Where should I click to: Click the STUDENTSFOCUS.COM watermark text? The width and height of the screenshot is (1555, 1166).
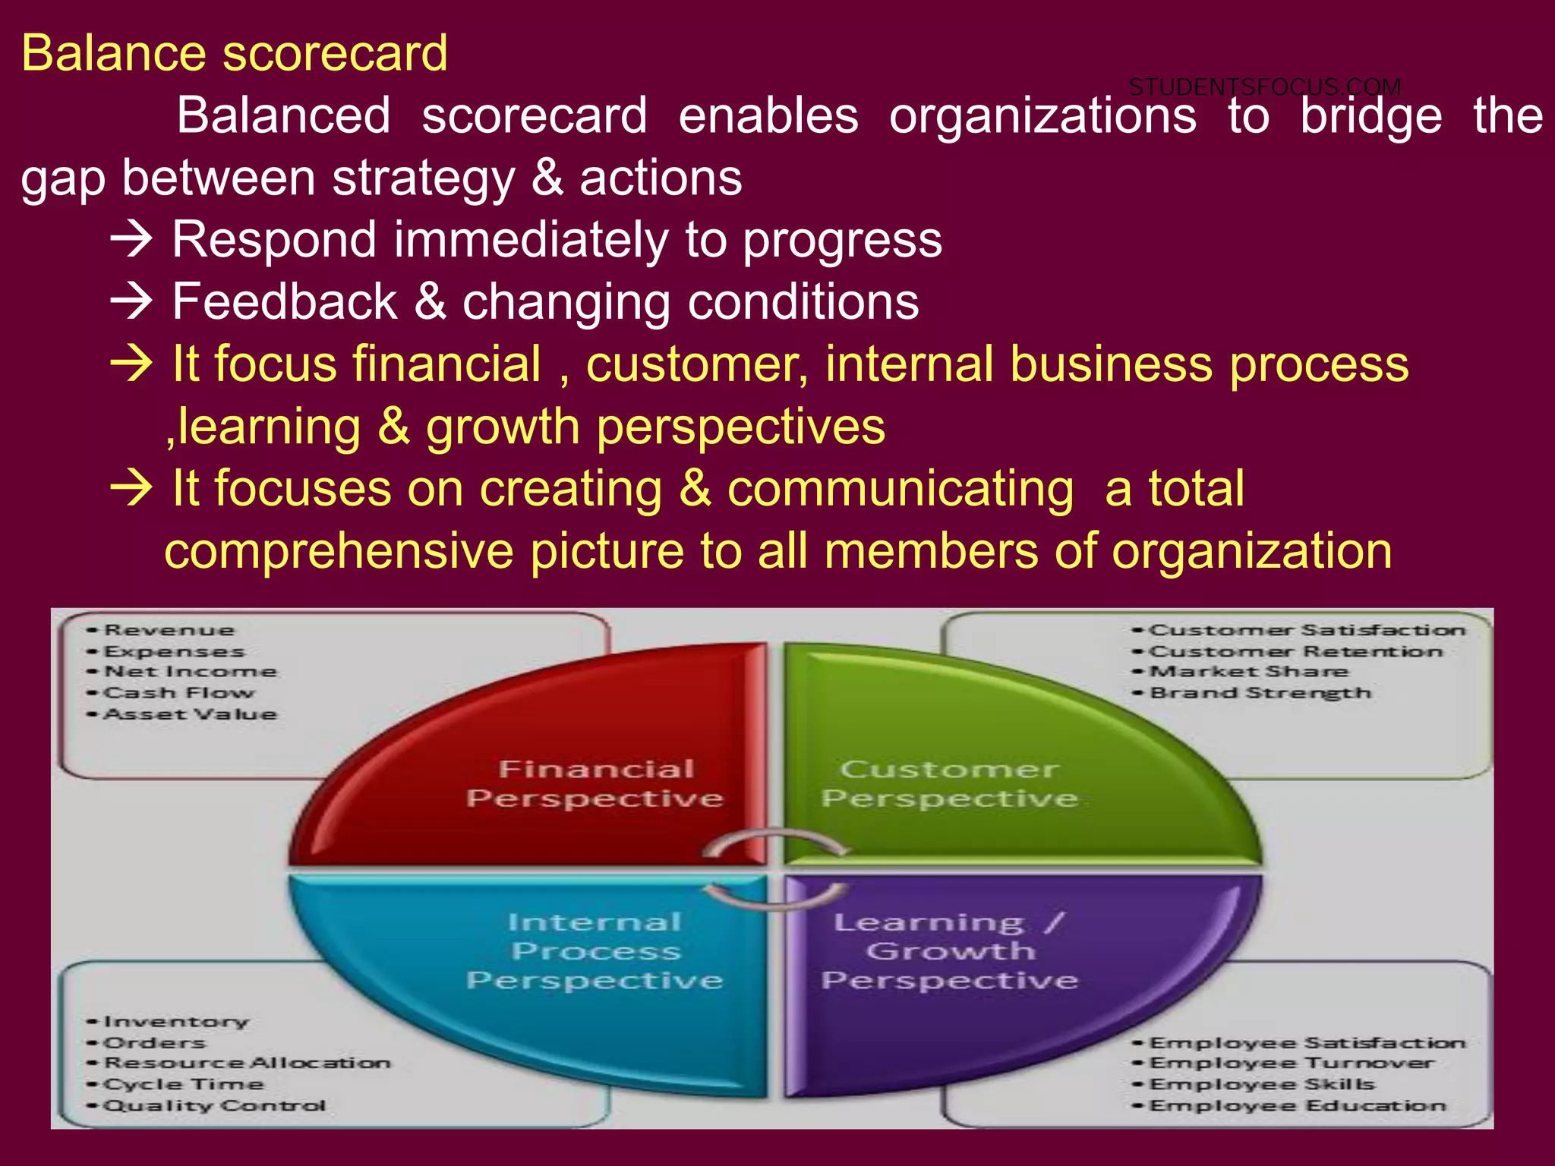[1264, 87]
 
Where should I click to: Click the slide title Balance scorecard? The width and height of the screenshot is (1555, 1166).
[234, 53]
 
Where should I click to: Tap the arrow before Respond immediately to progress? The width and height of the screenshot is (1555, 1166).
[132, 240]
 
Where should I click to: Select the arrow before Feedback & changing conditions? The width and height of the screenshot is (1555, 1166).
[132, 302]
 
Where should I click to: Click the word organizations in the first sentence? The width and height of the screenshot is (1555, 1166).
[1042, 116]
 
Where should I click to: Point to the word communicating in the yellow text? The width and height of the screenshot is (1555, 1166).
[900, 488]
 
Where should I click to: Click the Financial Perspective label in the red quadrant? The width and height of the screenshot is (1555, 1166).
[595, 783]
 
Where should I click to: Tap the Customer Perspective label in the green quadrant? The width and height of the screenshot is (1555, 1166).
[949, 783]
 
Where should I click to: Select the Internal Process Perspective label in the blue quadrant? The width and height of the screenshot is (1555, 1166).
[595, 951]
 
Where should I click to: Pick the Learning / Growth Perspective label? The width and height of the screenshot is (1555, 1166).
[949, 951]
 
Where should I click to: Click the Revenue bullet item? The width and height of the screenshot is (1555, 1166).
[169, 630]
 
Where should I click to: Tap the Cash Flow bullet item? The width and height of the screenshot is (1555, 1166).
[178, 693]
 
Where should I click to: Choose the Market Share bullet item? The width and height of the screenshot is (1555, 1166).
[1248, 672]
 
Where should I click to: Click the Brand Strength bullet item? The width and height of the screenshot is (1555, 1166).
[1260, 693]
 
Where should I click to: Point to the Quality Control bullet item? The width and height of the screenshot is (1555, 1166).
[214, 1106]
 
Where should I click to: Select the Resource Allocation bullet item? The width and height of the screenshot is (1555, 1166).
[247, 1064]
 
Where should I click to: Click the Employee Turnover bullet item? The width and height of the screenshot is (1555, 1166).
[1291, 1064]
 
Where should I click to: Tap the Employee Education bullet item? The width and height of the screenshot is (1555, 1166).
[1298, 1106]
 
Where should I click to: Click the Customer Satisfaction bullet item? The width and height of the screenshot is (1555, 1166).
[1306, 630]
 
